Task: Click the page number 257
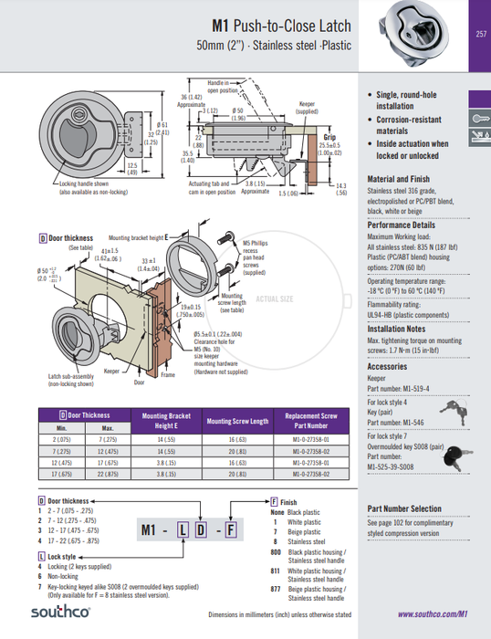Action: coord(480,35)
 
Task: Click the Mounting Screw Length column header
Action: coord(237,421)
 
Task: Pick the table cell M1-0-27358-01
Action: coord(311,439)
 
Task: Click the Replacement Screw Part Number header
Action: coord(311,421)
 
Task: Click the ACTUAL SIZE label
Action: coord(275,299)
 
